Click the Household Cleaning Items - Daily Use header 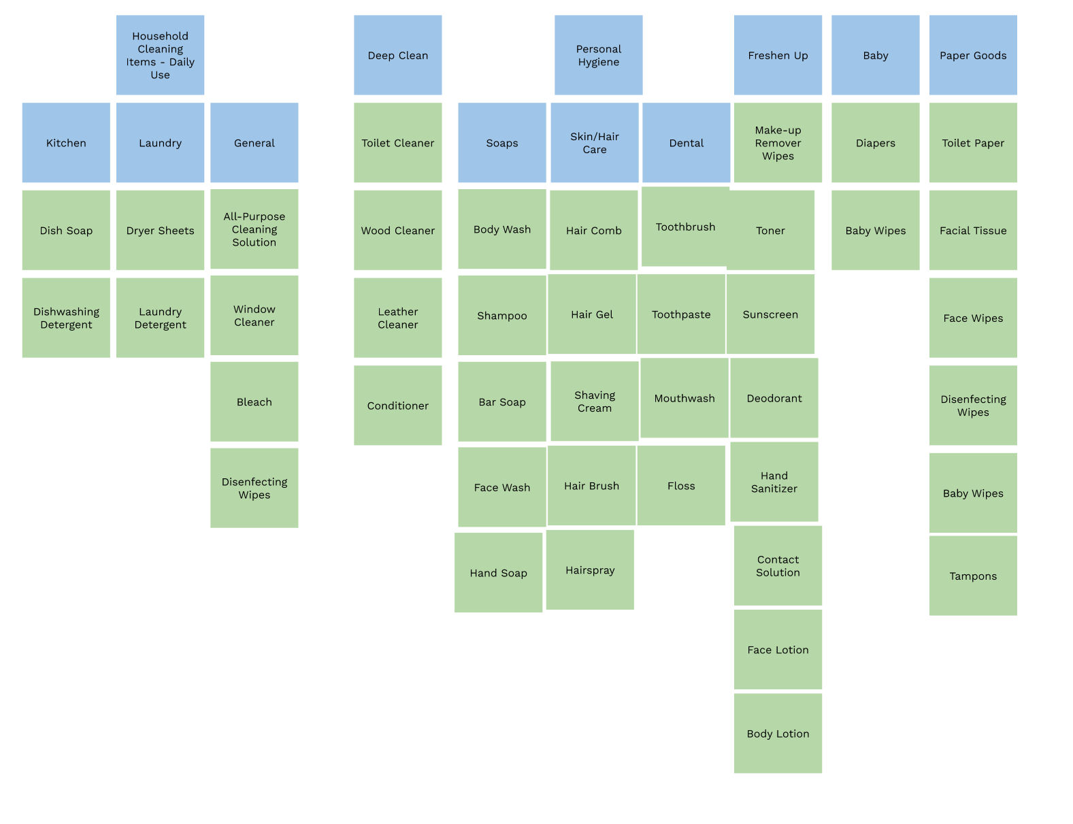tap(160, 55)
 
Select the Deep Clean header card tap(397, 55)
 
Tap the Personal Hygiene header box tap(598, 55)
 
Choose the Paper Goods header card tap(973, 55)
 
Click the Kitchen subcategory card tap(66, 143)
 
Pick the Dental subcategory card tap(686, 143)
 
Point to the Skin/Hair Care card tap(594, 143)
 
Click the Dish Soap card tap(66, 230)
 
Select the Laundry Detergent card tap(160, 318)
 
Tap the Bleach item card tap(254, 401)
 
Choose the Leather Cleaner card tap(397, 318)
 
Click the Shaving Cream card tap(594, 401)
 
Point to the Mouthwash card tap(684, 398)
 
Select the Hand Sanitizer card tap(774, 482)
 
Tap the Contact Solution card tap(778, 565)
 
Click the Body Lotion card tap(778, 734)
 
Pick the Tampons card tap(973, 576)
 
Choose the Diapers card tap(875, 143)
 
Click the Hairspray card tap(590, 570)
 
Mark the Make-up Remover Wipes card tap(778, 143)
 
